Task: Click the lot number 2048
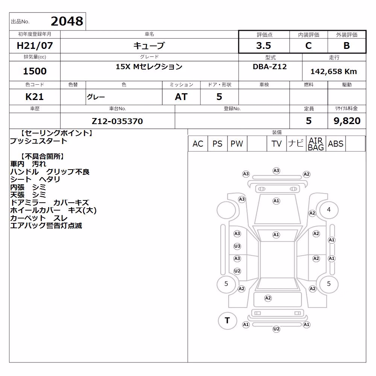[67, 21]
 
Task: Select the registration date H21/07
[35, 45]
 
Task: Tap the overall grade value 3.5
[264, 45]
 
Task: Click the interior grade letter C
[308, 45]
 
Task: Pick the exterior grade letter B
[347, 45]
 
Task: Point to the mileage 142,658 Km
[334, 71]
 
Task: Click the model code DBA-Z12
[270, 67]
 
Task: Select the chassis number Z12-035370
[117, 121]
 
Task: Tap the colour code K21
[35, 97]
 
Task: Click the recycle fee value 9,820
[347, 121]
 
